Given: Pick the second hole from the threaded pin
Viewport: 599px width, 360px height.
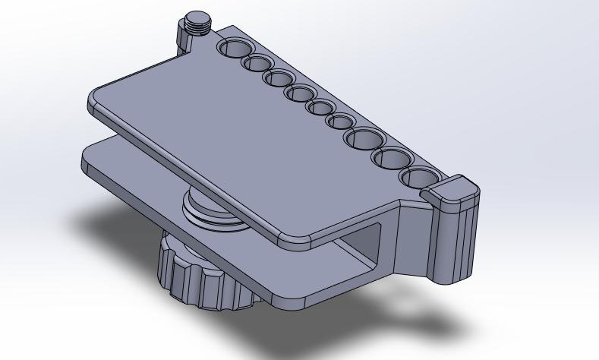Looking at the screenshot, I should coord(257,63).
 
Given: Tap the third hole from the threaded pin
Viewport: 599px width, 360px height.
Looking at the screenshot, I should coord(279,78).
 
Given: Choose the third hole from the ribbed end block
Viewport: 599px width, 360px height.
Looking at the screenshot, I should coord(365,139).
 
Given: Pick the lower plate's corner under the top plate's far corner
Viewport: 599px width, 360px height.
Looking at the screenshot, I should coord(86,159).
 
